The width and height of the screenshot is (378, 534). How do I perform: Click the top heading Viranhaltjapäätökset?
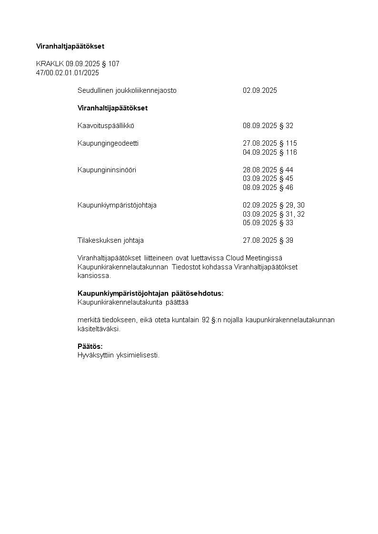tap(70, 46)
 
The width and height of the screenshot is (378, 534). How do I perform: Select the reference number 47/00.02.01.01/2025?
tap(68, 73)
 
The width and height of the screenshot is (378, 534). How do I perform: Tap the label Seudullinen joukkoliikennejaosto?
tap(127, 90)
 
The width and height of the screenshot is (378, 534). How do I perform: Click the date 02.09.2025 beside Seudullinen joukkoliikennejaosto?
tap(259, 90)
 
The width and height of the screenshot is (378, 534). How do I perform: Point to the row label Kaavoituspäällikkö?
tap(106, 126)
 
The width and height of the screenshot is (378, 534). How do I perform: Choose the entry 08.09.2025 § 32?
tap(268, 126)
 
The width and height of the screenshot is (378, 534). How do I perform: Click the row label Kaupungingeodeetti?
tap(108, 143)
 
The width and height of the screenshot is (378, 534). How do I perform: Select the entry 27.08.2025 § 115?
tap(269, 143)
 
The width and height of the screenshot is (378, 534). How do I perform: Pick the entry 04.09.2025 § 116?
tap(269, 152)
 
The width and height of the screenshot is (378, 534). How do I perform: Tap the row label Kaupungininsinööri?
tap(107, 170)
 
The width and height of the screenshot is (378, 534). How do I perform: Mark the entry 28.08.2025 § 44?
tap(268, 170)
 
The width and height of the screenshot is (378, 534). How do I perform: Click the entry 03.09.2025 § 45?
tap(268, 178)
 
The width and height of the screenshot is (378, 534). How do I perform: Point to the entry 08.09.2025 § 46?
tap(268, 188)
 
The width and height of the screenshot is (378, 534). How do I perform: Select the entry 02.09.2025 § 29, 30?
tap(273, 205)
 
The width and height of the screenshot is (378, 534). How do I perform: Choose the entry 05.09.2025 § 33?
tap(268, 223)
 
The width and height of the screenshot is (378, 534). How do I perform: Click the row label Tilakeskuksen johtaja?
tap(110, 240)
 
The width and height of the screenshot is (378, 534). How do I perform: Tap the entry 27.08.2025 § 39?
tap(268, 240)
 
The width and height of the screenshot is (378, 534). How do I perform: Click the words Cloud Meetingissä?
tap(254, 258)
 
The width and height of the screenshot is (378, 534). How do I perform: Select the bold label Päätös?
tap(90, 346)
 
